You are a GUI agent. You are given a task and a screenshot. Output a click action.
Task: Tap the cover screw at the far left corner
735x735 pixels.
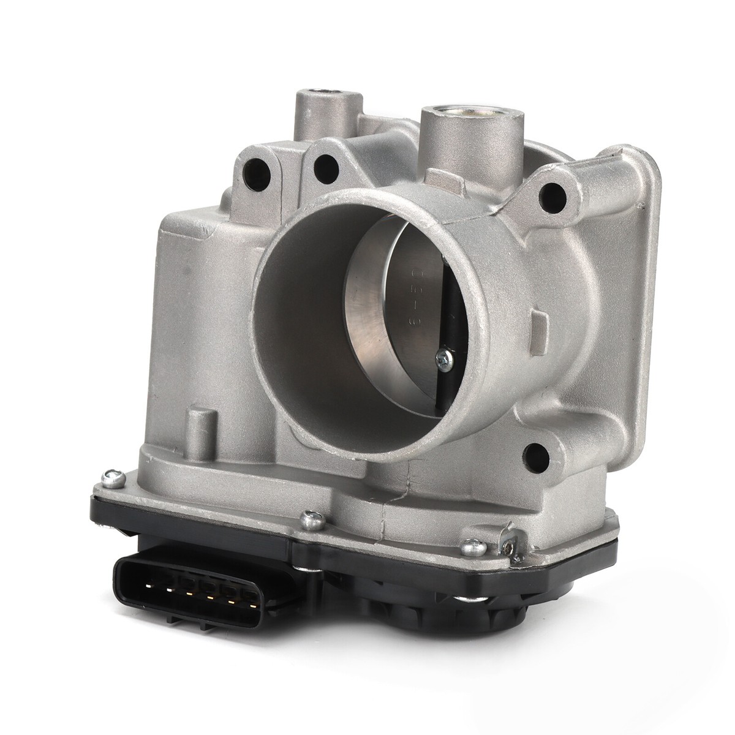coord(110,474)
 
